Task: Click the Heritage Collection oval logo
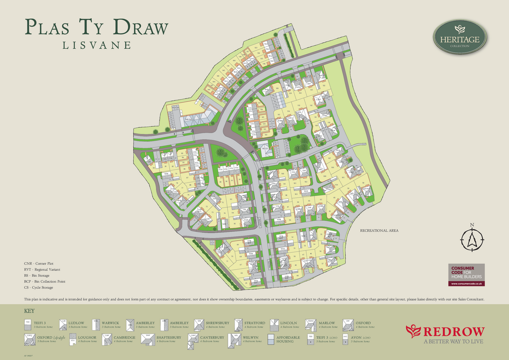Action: [459, 36]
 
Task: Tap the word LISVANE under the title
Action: [96, 45]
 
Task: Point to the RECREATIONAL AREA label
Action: [379, 231]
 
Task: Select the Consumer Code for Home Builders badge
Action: [466, 274]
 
